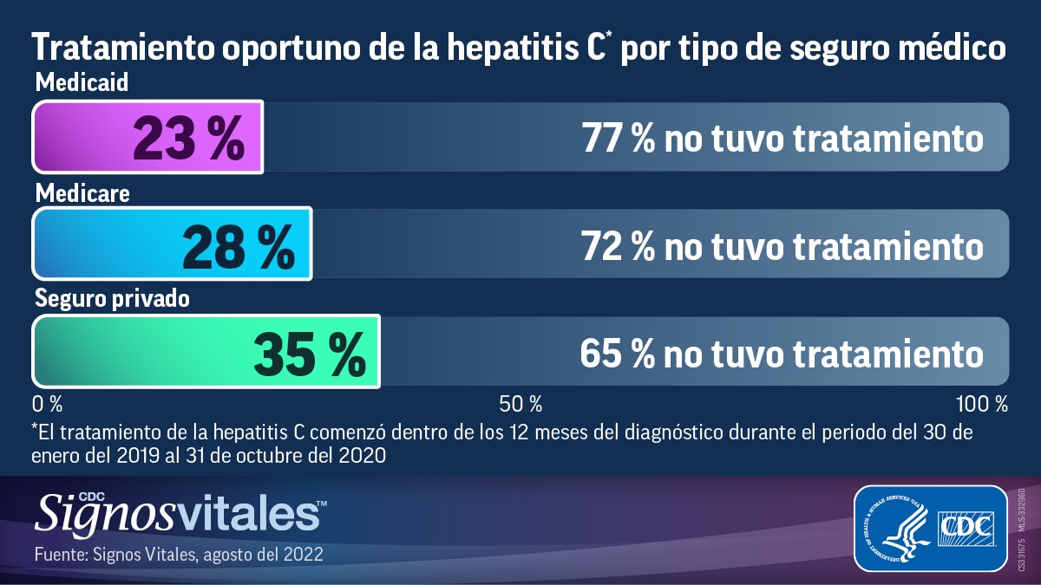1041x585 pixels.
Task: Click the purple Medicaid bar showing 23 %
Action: pyautogui.click(x=147, y=137)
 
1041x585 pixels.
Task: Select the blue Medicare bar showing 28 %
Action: pyautogui.click(x=172, y=244)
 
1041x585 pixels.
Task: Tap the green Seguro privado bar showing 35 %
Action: pyautogui.click(x=206, y=351)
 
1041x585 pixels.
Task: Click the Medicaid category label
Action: pyautogui.click(x=82, y=84)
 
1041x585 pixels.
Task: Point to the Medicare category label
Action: pyautogui.click(x=82, y=192)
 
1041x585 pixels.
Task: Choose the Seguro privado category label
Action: pyautogui.click(x=112, y=299)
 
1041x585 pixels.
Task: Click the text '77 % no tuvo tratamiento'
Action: pyautogui.click(x=782, y=138)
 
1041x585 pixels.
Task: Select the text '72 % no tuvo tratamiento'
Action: pyautogui.click(x=782, y=245)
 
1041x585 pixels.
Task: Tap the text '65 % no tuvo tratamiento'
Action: pyautogui.click(x=782, y=353)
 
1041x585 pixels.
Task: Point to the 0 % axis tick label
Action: pyautogui.click(x=47, y=404)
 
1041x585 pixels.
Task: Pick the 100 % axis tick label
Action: pyautogui.click(x=981, y=404)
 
